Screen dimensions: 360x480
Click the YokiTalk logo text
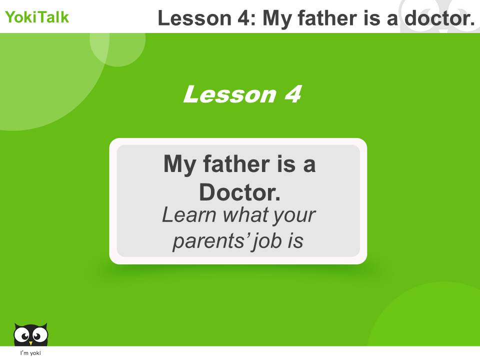37,17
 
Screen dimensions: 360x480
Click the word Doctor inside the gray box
239,192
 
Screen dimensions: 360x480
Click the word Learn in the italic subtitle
189,215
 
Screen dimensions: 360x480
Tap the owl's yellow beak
30,342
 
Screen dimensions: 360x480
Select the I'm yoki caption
30,353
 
